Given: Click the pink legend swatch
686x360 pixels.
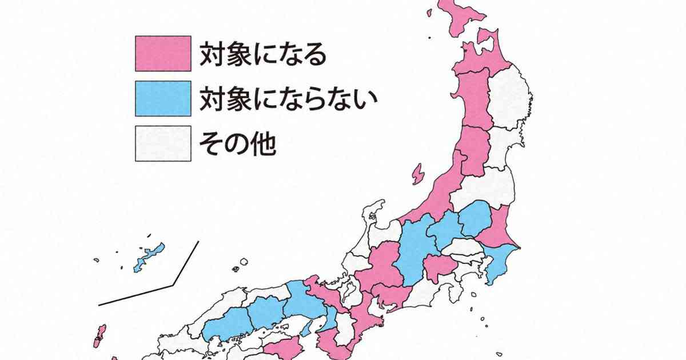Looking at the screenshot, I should click(163, 54).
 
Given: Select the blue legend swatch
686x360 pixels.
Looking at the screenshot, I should click(163, 99).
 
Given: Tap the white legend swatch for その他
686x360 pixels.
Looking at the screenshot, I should click(163, 144).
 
